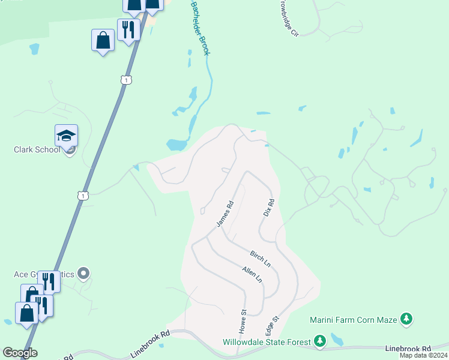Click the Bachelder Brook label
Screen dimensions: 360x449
200,28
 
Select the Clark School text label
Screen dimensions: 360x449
37,149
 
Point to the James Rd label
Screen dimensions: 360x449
224,214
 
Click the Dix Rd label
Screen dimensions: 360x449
269,208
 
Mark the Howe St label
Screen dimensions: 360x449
243,322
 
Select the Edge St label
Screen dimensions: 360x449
272,328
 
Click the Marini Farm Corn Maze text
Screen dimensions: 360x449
354,320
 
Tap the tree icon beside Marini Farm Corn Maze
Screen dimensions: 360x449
407,319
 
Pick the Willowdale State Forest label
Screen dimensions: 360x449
267,342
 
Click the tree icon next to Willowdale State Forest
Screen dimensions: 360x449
320,342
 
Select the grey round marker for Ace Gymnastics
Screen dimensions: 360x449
83,274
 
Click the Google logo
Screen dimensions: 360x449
20,352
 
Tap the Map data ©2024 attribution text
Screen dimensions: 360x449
423,356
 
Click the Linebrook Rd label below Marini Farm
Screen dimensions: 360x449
408,349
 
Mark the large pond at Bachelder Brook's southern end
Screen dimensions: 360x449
176,145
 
